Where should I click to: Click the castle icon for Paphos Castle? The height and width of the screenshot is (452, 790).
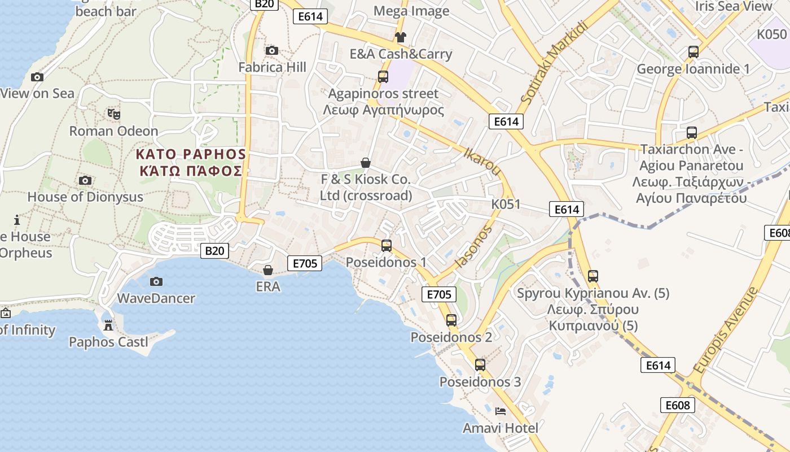pyautogui.click(x=108, y=325)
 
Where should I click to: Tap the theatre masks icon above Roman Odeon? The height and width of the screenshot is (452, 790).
pyautogui.click(x=114, y=114)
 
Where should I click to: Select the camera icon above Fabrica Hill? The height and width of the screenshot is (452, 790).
pyautogui.click(x=272, y=51)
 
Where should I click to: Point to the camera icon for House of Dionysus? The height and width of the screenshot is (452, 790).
pyautogui.click(x=85, y=180)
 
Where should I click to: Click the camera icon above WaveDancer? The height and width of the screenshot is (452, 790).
pyautogui.click(x=156, y=281)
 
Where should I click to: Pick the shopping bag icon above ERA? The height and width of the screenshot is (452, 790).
pyautogui.click(x=268, y=270)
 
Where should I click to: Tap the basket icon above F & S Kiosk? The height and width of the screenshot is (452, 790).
pyautogui.click(x=366, y=163)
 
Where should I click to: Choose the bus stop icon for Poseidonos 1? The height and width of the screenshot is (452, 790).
pyautogui.click(x=387, y=246)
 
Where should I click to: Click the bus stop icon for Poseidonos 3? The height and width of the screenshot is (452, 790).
pyautogui.click(x=480, y=365)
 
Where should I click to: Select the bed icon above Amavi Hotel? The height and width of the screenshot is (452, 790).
pyautogui.click(x=500, y=411)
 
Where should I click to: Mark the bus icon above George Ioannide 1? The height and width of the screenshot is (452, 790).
pyautogui.click(x=694, y=52)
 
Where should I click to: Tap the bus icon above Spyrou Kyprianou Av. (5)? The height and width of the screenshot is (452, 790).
pyautogui.click(x=593, y=276)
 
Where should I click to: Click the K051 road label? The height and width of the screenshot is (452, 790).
pyautogui.click(x=506, y=204)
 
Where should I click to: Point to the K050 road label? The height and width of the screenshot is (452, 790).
pyautogui.click(x=771, y=34)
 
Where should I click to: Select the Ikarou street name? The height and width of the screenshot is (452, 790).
pyautogui.click(x=482, y=162)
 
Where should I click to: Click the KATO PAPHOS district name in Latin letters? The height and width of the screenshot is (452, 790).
pyautogui.click(x=191, y=154)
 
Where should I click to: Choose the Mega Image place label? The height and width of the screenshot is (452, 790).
pyautogui.click(x=411, y=11)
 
